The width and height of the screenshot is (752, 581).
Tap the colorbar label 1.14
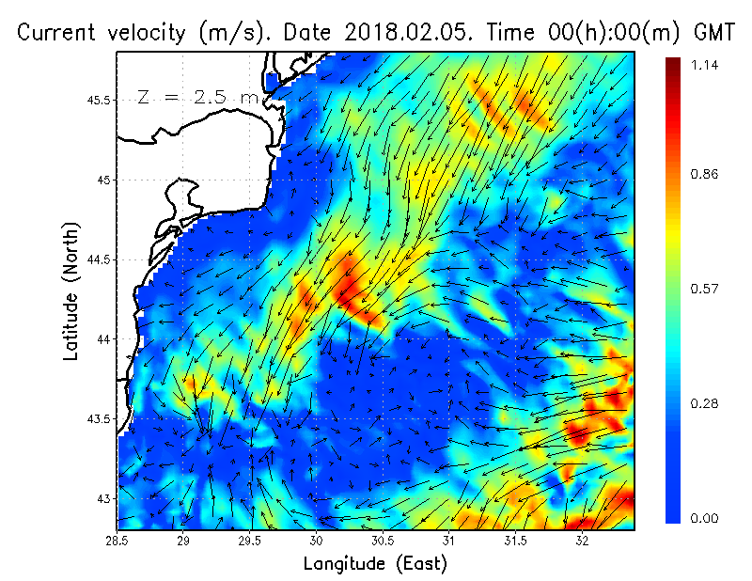[x=704, y=65]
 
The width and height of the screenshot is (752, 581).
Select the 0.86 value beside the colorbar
[x=704, y=175]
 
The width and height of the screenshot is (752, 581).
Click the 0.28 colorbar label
[x=704, y=403]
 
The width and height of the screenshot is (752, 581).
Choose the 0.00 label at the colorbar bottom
[x=704, y=518]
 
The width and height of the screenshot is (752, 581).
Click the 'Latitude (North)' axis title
[x=71, y=292]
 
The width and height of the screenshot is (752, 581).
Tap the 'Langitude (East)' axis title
[x=375, y=564]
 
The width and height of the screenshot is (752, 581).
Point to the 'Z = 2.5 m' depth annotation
[x=192, y=97]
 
